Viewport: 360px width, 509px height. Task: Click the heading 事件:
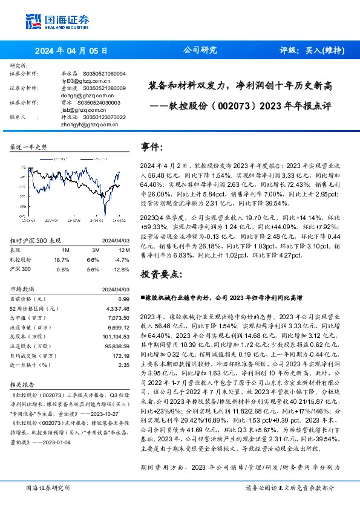pos(152,147)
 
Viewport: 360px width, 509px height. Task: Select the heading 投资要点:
pos(162,274)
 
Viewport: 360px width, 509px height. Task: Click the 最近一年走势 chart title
pos(28,147)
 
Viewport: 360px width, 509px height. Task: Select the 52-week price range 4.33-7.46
pos(118,308)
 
